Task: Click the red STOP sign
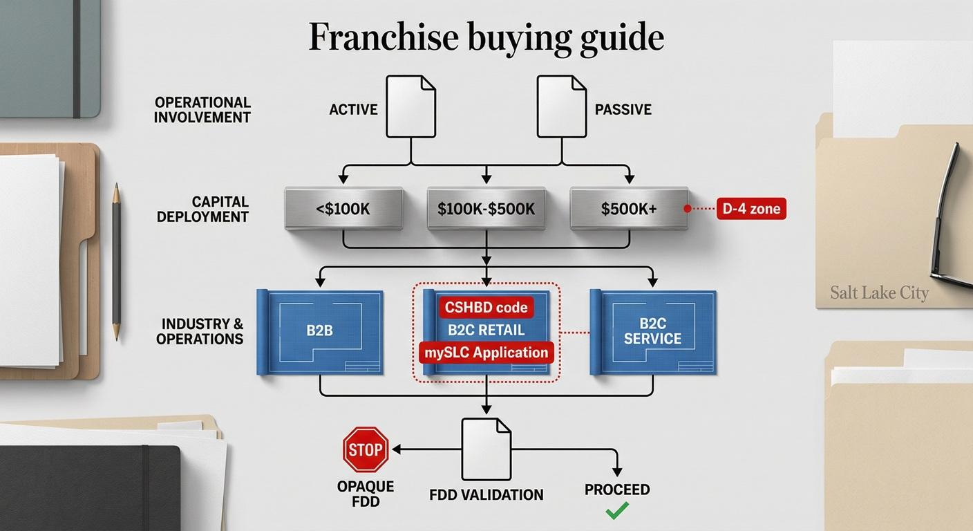(x=366, y=449)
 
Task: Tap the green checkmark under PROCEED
(x=617, y=510)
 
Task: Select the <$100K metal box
(x=343, y=209)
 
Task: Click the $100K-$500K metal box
(x=486, y=209)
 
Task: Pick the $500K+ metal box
(x=629, y=209)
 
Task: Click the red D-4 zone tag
(x=751, y=209)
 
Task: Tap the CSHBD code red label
(x=486, y=307)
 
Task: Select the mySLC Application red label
(x=486, y=353)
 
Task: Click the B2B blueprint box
(x=320, y=333)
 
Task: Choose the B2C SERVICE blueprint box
(x=653, y=333)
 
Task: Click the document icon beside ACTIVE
(x=411, y=106)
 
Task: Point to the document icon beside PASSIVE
(x=562, y=106)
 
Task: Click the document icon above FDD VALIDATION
(x=486, y=449)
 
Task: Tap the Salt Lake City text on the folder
(x=880, y=292)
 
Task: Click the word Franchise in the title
(x=384, y=37)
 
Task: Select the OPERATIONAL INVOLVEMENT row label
(x=202, y=110)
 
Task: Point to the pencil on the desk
(x=116, y=261)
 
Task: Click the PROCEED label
(x=617, y=490)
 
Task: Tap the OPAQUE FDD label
(x=366, y=494)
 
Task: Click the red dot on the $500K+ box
(x=687, y=209)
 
